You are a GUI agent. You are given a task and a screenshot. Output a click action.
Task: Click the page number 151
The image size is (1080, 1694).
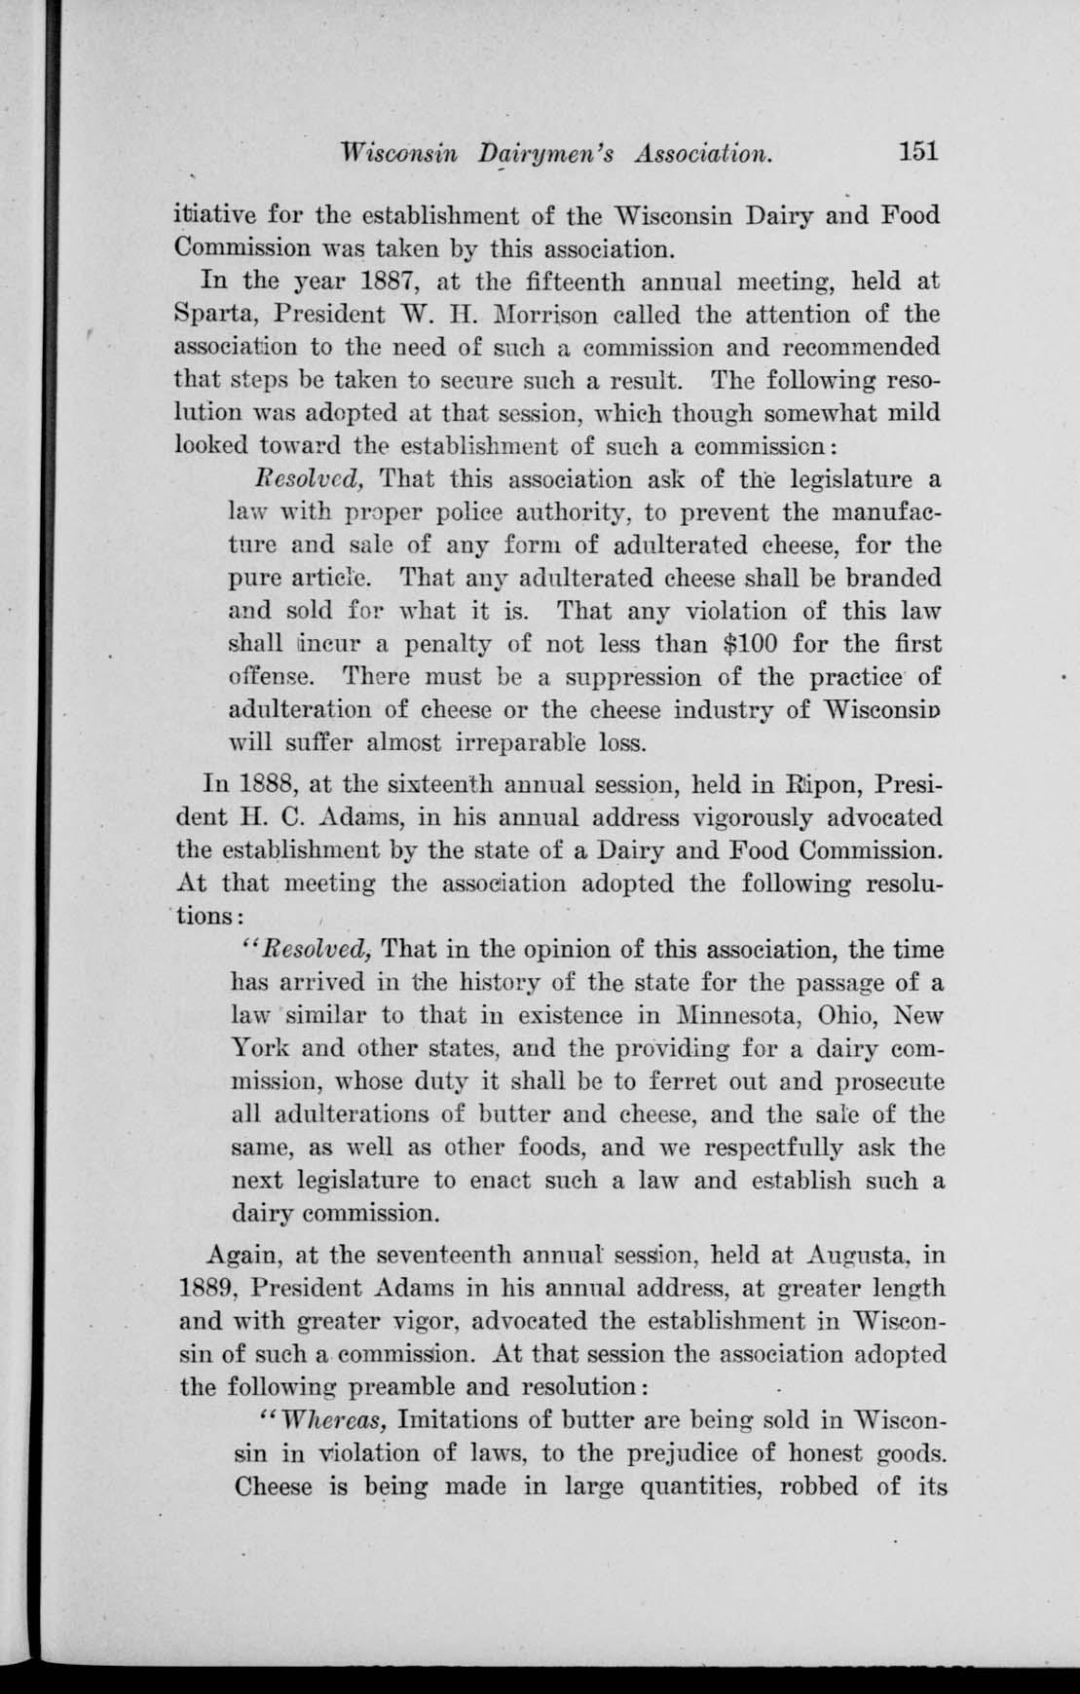[x=917, y=152]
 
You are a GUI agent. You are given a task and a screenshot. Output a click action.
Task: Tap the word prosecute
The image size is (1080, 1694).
[x=886, y=1082]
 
